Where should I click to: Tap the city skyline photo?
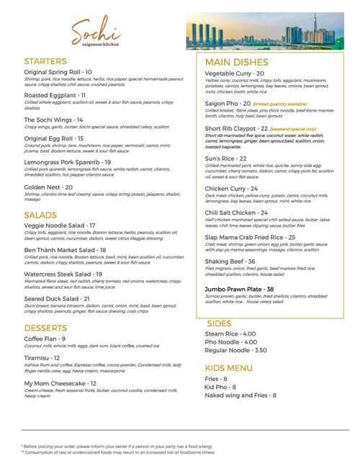tap(264, 32)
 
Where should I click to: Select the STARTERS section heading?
tap(45, 62)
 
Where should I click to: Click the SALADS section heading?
tap(40, 215)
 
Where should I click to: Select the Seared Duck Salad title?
tap(57, 298)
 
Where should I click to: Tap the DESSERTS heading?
tap(45, 328)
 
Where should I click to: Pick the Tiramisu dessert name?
tap(42, 358)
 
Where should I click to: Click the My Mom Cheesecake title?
tap(55, 384)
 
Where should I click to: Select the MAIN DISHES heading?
tap(236, 63)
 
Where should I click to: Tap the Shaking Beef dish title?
tap(230, 261)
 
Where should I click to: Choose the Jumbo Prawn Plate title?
tap(239, 290)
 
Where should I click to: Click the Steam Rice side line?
tap(230, 334)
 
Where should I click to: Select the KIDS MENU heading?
tap(228, 369)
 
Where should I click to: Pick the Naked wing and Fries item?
tap(240, 395)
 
